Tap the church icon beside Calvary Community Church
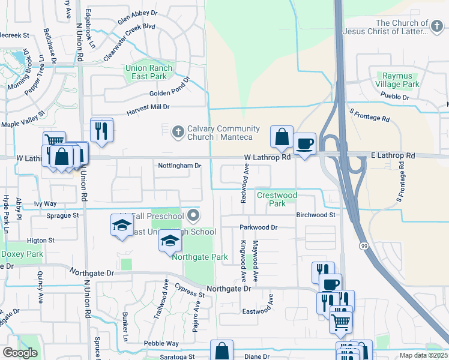(178, 130)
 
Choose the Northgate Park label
(200, 257)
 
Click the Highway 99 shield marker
(364, 245)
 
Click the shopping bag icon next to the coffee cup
(282, 137)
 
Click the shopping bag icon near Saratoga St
(221, 351)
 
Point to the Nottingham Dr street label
(178, 166)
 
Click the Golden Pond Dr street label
(170, 94)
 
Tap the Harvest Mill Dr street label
(148, 107)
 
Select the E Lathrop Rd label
(393, 155)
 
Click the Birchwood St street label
(315, 214)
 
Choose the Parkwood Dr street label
(259, 227)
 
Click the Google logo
(20, 353)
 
